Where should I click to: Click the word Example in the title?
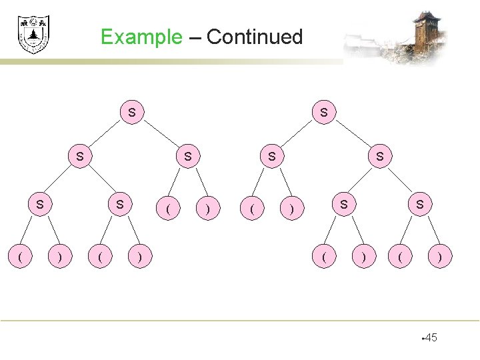pos(141,37)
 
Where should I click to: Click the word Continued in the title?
pos(255,37)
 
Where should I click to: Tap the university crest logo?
pos(33,34)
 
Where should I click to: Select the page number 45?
pos(430,338)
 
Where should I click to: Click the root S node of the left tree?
pos(132,112)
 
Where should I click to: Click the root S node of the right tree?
pos(324,112)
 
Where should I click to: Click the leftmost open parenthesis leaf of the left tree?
pos(21,255)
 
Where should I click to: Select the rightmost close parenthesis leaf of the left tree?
pos(208,209)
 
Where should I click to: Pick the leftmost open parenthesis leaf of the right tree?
pos(251,209)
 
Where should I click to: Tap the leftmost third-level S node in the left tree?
pos(40,204)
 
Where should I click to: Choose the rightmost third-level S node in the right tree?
pos(419,204)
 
